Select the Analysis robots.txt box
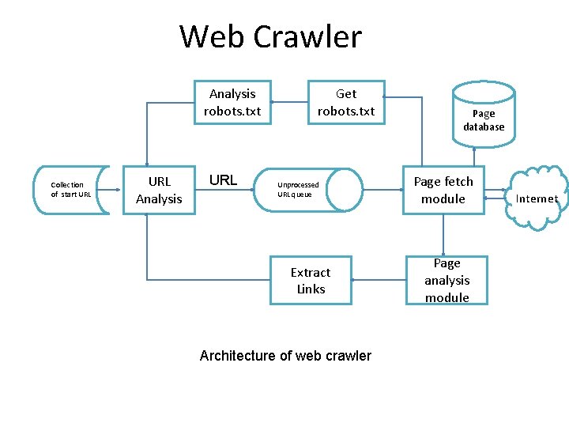point(232,102)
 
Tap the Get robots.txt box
point(346,102)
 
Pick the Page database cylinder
point(484,115)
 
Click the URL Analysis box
point(159,190)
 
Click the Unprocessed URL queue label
point(298,190)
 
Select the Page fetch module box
point(443,190)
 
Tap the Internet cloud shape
point(537,198)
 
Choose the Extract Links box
point(311,280)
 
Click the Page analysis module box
point(447,280)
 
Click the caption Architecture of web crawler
point(285,356)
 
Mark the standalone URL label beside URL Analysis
point(223,180)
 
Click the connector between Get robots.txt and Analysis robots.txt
point(290,102)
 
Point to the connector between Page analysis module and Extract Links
point(379,280)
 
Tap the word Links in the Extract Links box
point(311,289)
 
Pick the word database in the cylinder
point(484,127)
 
